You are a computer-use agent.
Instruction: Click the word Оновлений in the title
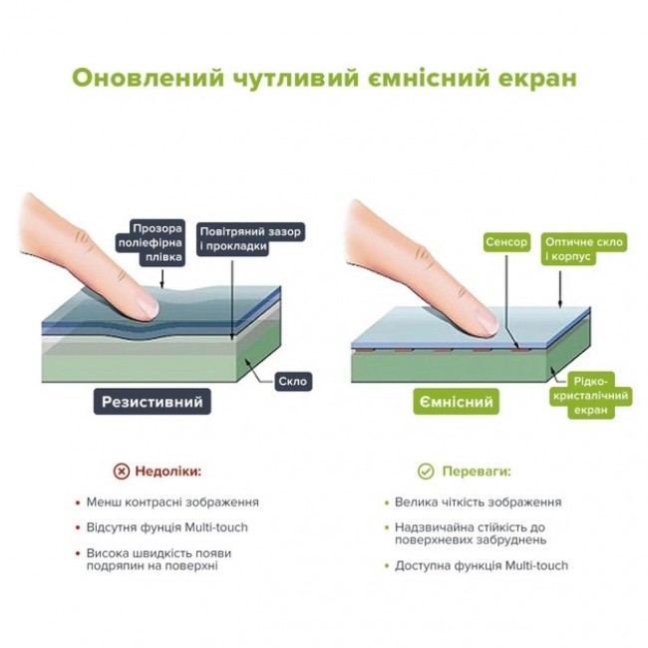pos(148,78)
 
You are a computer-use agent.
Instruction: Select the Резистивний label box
pos(153,402)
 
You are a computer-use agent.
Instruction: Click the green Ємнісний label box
pos(457,402)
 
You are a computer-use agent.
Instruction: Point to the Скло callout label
pos(293,381)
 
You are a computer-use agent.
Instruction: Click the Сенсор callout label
pos(506,242)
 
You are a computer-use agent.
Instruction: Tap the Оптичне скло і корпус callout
pos(583,249)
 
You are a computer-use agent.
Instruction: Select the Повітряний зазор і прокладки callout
pos(250,239)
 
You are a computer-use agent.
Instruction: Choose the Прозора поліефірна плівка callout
pos(151,242)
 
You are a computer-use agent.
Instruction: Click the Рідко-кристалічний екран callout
pos(591,396)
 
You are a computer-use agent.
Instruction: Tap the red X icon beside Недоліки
pos(121,472)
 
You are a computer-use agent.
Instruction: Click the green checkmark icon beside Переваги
pos(426,472)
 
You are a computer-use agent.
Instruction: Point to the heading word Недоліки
pos(168,472)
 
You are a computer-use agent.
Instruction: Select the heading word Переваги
pos(477,472)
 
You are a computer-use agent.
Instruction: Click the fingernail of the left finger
pos(147,306)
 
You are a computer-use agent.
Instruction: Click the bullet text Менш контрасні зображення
pos(172,502)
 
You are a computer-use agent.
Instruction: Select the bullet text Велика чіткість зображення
pos(479,502)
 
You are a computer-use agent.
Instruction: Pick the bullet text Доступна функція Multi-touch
pos(482,565)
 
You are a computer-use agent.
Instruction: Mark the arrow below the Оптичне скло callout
pos(560,289)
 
